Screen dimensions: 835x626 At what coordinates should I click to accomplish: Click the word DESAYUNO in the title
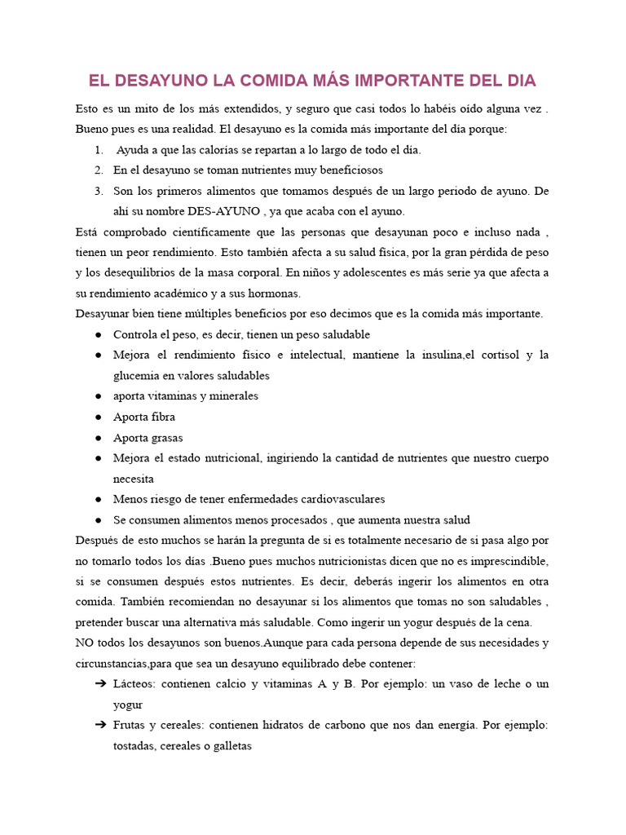click(161, 81)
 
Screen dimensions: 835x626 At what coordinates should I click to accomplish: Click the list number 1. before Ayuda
click(99, 150)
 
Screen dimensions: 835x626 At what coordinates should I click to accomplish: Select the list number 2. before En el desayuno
click(99, 170)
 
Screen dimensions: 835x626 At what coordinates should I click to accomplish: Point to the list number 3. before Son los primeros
click(99, 191)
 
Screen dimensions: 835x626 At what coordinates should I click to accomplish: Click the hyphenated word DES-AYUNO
click(223, 211)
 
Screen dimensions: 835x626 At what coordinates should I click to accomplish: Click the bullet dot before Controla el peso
click(99, 334)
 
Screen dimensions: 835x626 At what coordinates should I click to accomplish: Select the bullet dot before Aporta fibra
click(99, 417)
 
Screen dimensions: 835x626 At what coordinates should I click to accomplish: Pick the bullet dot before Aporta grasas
click(99, 438)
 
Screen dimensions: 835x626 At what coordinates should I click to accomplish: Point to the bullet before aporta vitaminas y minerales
click(99, 396)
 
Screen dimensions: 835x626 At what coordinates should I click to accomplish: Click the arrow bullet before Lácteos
click(100, 684)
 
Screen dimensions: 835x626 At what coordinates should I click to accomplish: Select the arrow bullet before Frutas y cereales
click(100, 725)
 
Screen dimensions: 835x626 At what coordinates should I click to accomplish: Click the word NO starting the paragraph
click(85, 643)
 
